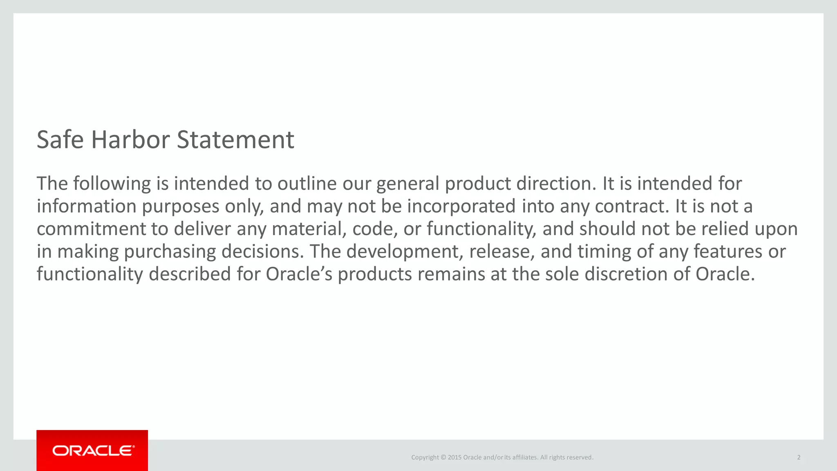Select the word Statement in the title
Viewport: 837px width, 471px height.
click(235, 140)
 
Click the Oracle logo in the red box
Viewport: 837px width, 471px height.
click(92, 451)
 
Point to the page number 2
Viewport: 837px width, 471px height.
click(799, 458)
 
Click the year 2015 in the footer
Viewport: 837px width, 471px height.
click(454, 458)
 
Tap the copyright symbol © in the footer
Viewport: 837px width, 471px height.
click(443, 458)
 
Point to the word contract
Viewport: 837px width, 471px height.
click(632, 206)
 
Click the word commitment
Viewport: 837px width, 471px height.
click(91, 229)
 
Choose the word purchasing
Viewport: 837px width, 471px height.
click(170, 251)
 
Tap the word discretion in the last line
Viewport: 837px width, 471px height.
click(626, 274)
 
